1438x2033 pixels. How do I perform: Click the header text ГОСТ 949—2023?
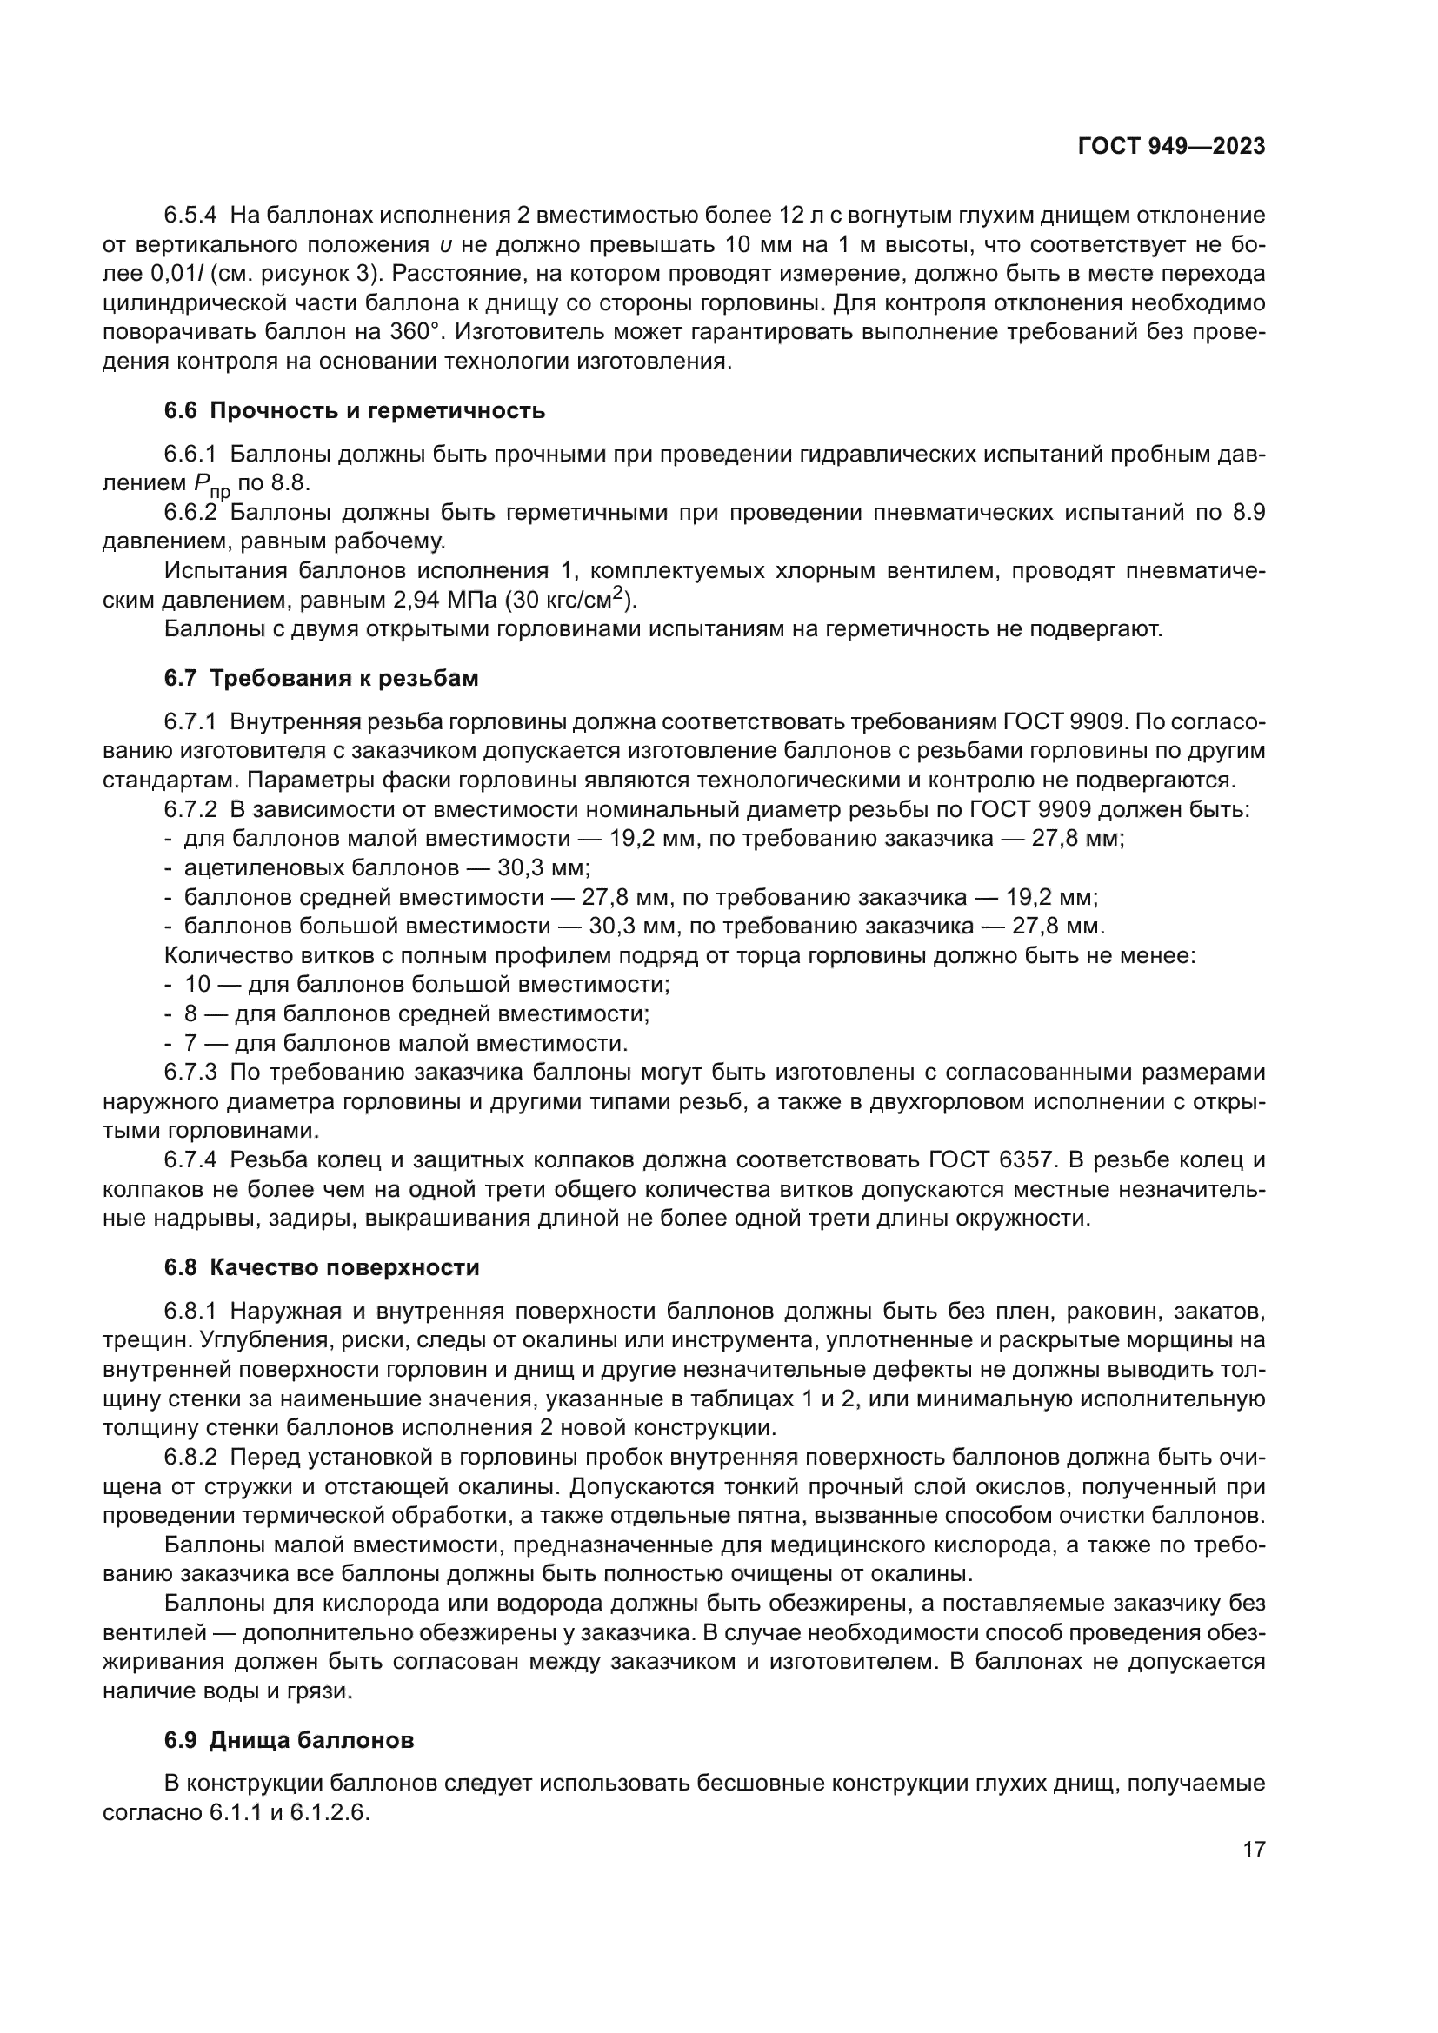click(1170, 147)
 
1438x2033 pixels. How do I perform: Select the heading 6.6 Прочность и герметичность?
click(354, 411)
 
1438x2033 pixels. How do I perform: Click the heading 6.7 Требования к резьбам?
click(321, 678)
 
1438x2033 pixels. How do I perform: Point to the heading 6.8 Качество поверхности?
click(322, 1267)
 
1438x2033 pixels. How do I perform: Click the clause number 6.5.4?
click(190, 216)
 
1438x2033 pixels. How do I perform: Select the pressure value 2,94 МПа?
click(445, 601)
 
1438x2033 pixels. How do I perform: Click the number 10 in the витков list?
click(196, 985)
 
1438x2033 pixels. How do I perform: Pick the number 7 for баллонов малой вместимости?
click(190, 1043)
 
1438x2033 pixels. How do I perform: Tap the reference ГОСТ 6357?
click(990, 1160)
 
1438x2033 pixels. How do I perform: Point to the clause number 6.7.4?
click(190, 1160)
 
